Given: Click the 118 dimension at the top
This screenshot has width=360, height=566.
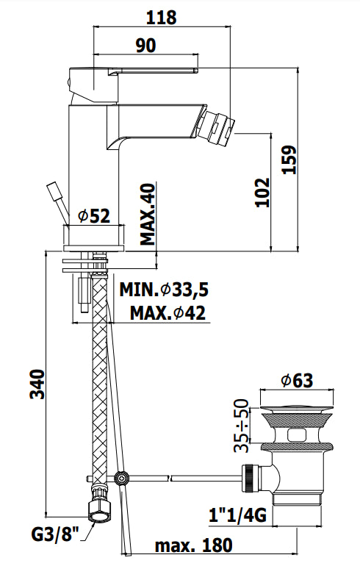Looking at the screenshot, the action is [161, 18].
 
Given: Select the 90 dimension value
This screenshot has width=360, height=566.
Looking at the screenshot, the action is [146, 46].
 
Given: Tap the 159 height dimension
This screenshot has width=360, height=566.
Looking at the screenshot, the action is [289, 160].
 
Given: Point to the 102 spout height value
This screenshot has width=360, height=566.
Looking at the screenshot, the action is [262, 192].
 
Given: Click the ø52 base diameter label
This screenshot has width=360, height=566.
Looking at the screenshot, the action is [94, 216].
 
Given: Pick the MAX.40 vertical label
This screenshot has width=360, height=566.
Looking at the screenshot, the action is [148, 214].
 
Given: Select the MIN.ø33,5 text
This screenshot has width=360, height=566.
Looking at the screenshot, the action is [164, 290].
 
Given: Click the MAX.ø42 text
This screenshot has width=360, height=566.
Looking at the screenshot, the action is [168, 312].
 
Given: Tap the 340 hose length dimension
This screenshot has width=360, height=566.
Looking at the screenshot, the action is [37, 384].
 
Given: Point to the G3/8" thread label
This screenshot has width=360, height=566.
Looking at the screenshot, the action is [56, 534].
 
